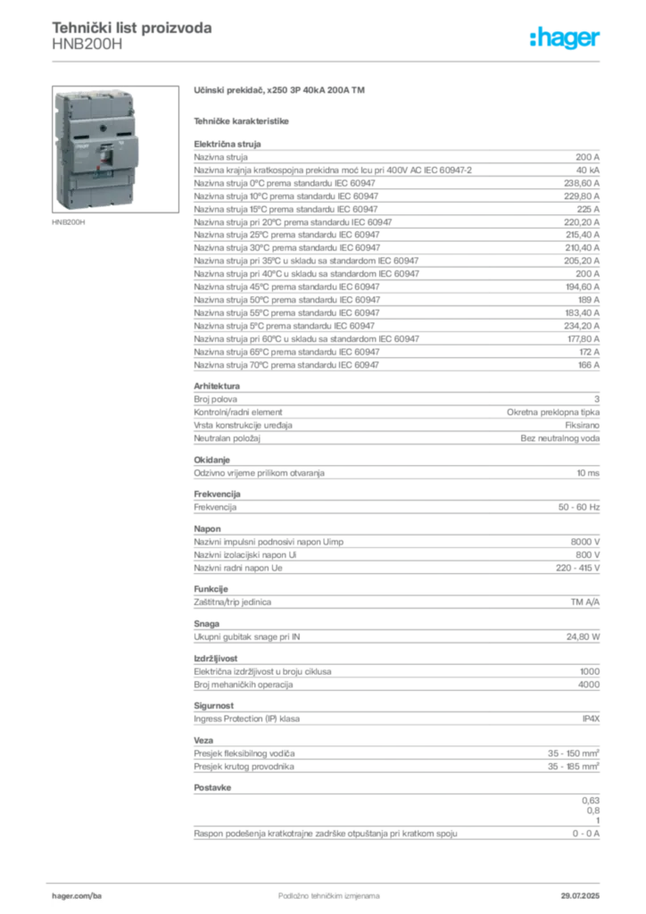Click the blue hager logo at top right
pos(566,38)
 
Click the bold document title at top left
pos(132,28)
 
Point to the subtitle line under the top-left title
pos(89,49)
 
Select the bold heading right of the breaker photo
pos(281,92)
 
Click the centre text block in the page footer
pos(321,891)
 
